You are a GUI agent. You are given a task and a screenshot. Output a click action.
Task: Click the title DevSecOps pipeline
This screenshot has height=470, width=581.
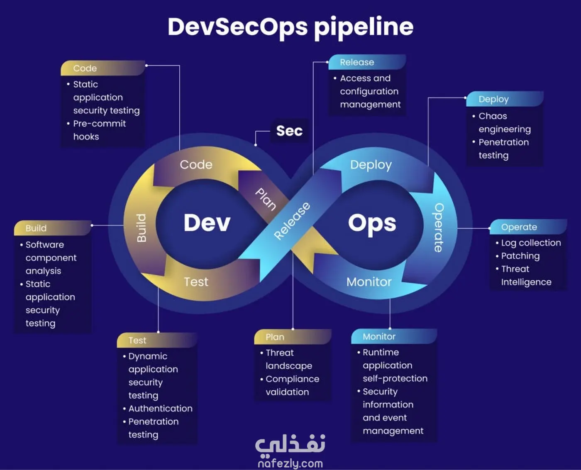point(290,27)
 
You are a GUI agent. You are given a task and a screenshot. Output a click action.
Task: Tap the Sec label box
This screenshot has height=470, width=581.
point(289,131)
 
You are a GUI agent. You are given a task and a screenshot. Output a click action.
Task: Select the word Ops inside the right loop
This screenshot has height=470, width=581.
point(372,223)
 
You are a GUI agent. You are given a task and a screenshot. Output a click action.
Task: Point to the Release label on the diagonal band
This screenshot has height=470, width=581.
point(292,220)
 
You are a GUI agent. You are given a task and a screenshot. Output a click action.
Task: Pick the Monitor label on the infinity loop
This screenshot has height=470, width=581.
point(369,282)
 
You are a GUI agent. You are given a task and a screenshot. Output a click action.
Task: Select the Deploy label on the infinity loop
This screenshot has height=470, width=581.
point(371,165)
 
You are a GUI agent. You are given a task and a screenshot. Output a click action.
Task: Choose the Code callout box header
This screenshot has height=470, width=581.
point(103,68)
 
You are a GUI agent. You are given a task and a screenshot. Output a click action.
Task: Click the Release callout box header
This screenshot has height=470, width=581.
point(367,62)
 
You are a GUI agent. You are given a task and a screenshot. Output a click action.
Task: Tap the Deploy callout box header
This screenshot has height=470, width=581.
point(504,99)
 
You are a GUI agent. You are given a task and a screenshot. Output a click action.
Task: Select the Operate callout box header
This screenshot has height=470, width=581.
point(527,227)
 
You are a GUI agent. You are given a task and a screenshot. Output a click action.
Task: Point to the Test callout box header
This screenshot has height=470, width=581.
point(157,340)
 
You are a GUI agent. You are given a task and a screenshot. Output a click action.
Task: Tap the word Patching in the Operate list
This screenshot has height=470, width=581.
point(520,256)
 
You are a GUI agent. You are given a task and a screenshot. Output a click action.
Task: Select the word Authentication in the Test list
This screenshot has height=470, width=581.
point(160,409)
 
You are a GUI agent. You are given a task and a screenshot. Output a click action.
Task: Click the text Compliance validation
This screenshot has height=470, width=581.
point(292,385)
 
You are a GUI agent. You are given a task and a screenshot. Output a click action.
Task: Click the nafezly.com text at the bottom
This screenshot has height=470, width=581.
point(290,463)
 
